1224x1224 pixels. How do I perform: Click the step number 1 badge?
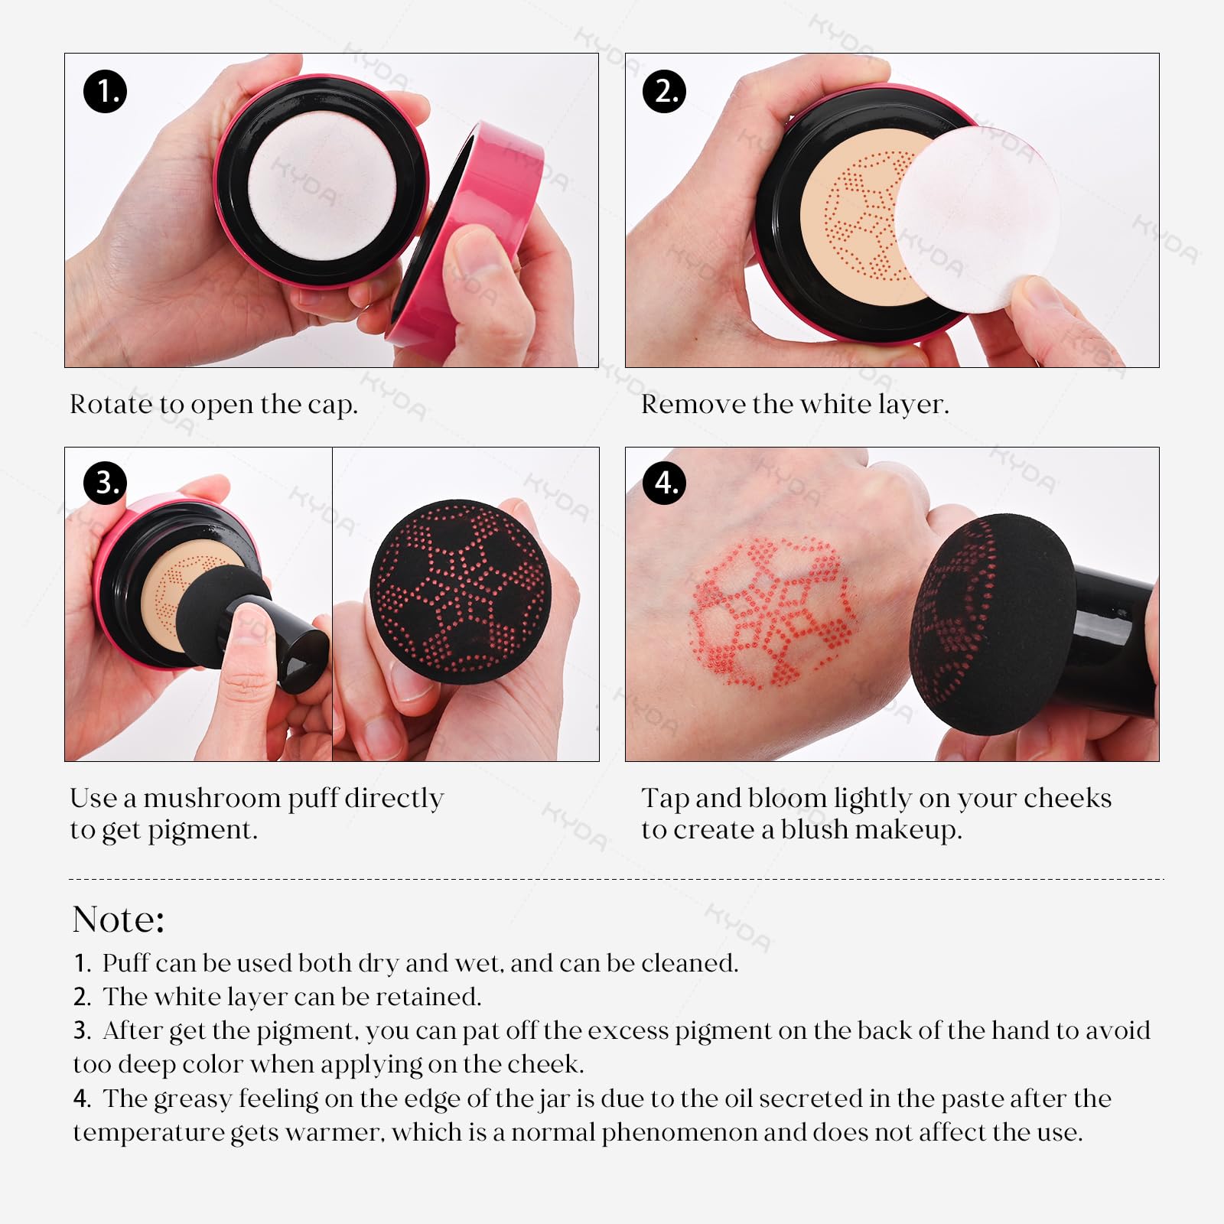click(x=105, y=91)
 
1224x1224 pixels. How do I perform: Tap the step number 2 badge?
click(x=665, y=91)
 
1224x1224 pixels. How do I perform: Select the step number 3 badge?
click(x=106, y=483)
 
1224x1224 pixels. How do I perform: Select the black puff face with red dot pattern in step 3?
click(x=459, y=590)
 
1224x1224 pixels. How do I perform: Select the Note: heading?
click(x=119, y=919)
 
